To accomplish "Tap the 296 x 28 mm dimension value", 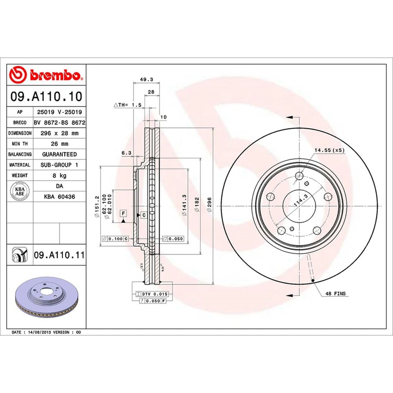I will click(x=59, y=133).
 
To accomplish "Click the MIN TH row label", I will click(x=19, y=144).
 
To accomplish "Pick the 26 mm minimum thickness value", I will click(x=59, y=144).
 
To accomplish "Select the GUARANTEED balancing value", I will click(x=59, y=154).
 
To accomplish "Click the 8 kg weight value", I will click(x=59, y=175).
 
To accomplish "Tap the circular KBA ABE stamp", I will click(x=20, y=191).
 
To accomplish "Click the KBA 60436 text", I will click(x=59, y=196).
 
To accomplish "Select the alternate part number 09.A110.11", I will click(x=59, y=255).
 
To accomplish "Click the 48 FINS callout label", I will click(x=335, y=294).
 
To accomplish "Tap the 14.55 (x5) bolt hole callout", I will click(x=330, y=150).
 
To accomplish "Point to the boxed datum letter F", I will click(x=122, y=213).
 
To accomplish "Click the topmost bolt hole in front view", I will click(x=299, y=176).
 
